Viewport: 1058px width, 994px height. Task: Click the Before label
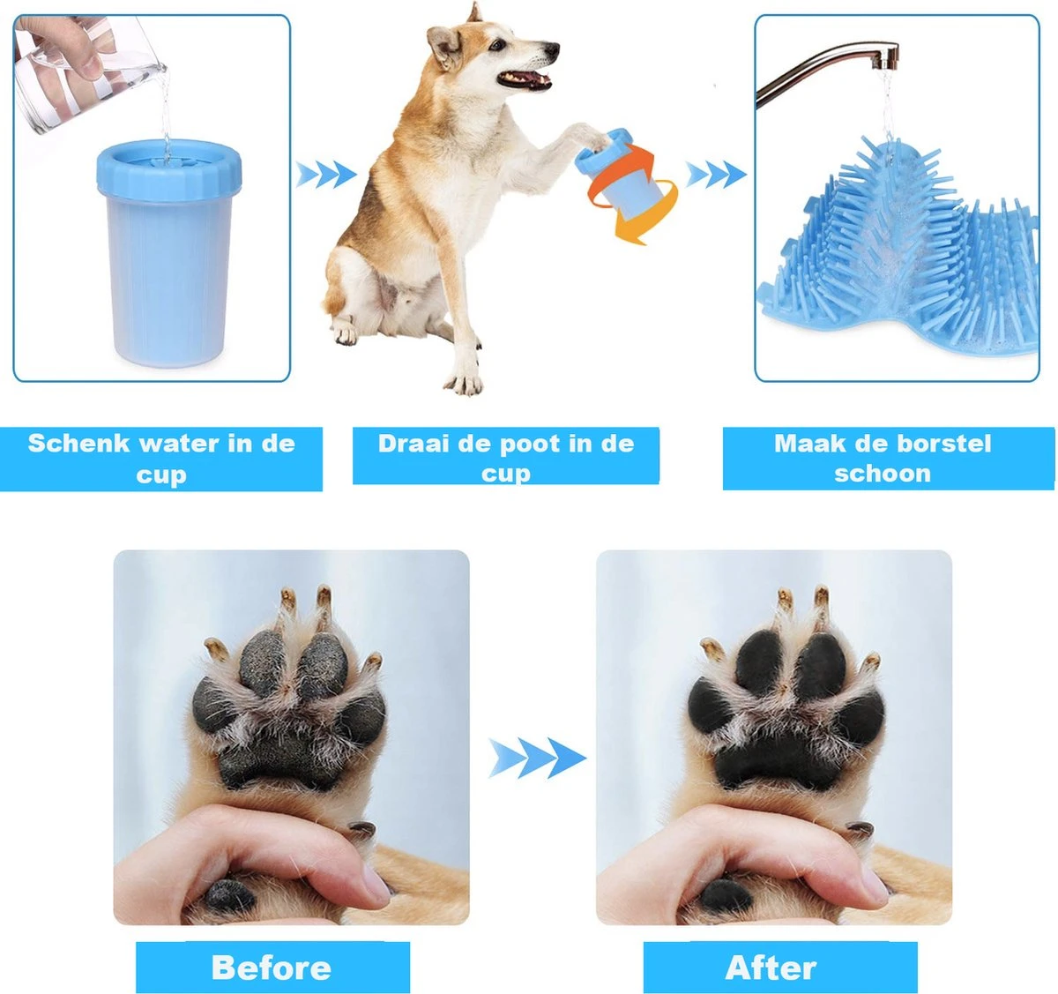click(x=272, y=968)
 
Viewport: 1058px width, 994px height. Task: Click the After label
click(x=771, y=968)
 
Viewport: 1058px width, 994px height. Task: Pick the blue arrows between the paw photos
click(x=537, y=758)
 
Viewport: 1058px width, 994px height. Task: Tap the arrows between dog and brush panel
click(x=714, y=175)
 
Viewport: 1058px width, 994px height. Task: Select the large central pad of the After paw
click(x=776, y=754)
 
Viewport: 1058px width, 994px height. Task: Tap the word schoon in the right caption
click(x=882, y=474)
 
